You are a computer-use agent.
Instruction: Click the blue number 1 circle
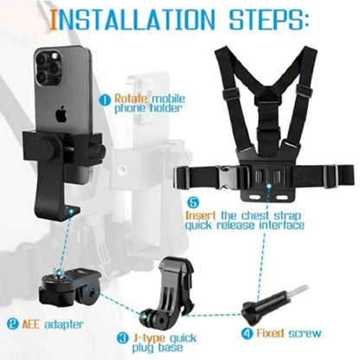(106, 99)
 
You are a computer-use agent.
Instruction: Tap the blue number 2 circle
(13, 326)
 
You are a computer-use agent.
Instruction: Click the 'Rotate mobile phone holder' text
(148, 104)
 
